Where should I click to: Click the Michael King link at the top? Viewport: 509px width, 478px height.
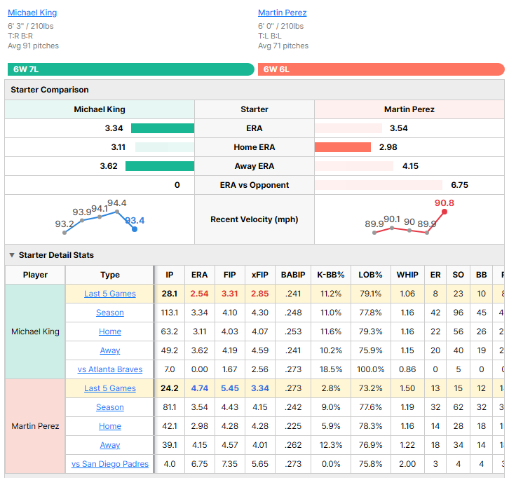[x=32, y=13]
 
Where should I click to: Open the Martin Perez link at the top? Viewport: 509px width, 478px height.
[x=282, y=13]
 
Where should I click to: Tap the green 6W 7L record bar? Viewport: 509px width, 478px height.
[x=131, y=69]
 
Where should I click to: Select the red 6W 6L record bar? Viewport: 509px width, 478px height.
[x=381, y=69]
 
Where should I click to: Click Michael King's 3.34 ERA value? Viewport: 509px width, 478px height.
[x=114, y=128]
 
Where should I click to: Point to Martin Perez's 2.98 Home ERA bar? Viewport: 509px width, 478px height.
[x=342, y=147]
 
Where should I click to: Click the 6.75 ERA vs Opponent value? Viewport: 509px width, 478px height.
[x=459, y=185]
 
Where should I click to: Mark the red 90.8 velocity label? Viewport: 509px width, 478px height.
[x=444, y=203]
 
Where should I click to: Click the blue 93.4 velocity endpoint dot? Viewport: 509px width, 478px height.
[x=135, y=229]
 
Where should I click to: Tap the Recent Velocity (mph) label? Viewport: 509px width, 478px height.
[x=254, y=219]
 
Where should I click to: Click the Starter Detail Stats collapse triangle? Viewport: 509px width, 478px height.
[x=12, y=255]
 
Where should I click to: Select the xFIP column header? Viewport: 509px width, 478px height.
[x=259, y=275]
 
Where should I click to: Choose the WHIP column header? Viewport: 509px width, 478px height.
[x=407, y=275]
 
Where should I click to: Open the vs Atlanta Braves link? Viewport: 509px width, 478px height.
[x=109, y=369]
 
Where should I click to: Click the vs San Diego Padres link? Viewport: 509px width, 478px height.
[x=109, y=464]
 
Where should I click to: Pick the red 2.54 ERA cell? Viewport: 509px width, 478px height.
[x=199, y=294]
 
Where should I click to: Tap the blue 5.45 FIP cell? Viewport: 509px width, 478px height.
[x=229, y=388]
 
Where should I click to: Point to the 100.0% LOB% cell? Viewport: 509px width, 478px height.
[x=370, y=369]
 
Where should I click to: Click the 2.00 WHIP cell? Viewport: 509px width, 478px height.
[x=407, y=464]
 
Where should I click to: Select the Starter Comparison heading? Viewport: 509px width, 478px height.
[x=49, y=90]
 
